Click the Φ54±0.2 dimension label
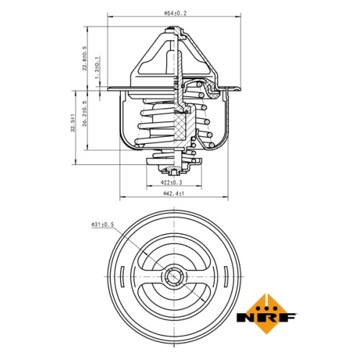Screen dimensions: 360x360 point(175,14)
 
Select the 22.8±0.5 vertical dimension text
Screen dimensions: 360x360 point(84,58)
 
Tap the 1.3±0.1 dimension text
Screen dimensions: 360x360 point(96,68)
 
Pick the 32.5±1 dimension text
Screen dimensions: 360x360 point(73,122)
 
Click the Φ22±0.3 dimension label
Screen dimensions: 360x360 point(171,182)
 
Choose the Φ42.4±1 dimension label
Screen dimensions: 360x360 point(174,194)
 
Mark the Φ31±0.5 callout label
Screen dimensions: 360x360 point(102,225)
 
